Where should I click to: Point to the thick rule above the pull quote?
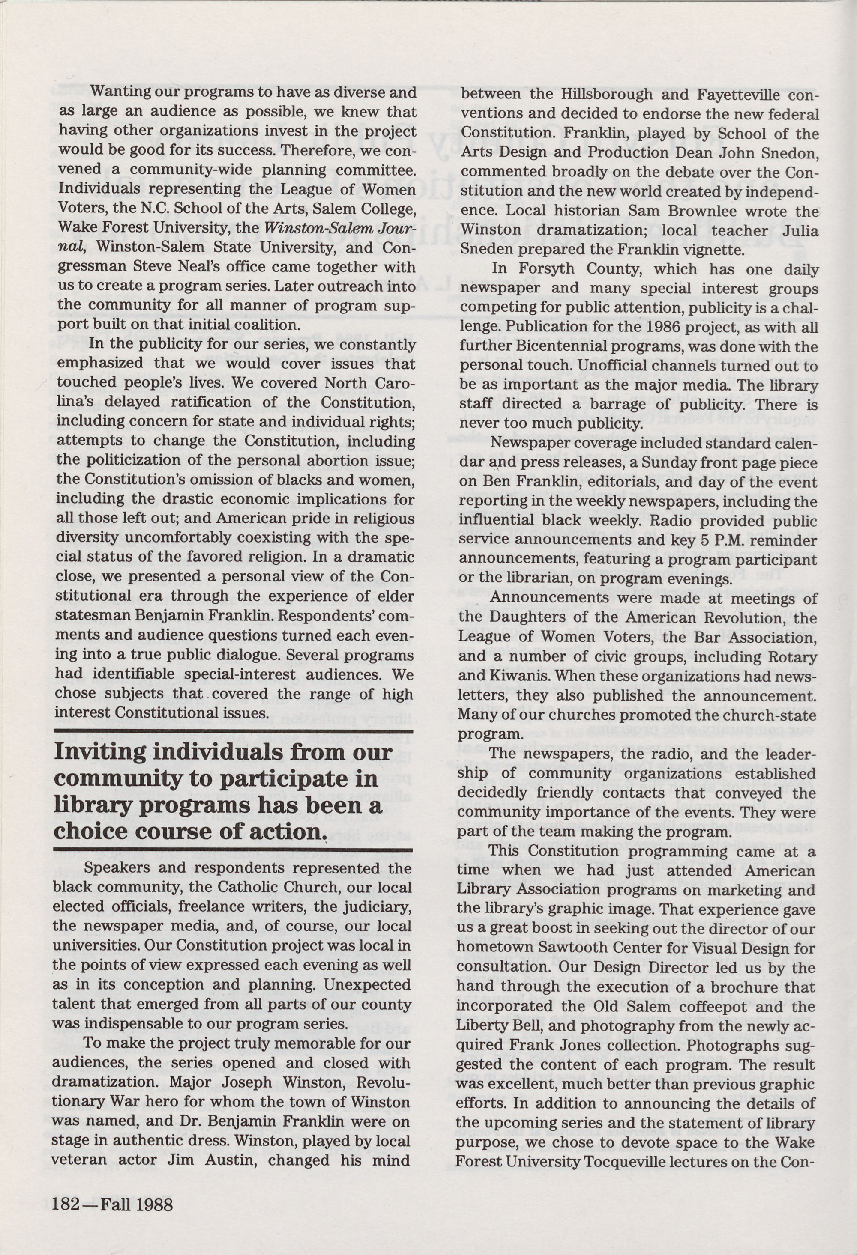pos(234,732)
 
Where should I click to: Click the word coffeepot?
pos(725,1007)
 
